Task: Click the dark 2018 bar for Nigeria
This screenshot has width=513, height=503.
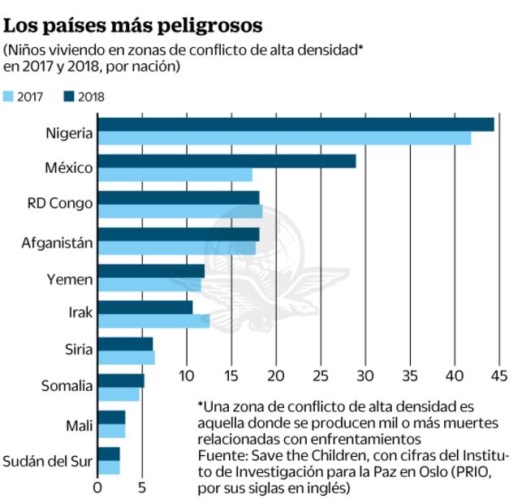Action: click(x=295, y=124)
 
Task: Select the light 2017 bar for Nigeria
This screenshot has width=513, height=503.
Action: click(x=284, y=139)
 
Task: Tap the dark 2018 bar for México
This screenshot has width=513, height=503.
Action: click(x=226, y=161)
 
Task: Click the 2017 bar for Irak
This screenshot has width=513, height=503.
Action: click(x=153, y=322)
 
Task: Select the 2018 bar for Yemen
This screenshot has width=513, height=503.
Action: click(x=151, y=270)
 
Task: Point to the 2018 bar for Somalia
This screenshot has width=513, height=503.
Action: click(x=121, y=380)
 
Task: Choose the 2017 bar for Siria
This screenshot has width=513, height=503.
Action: click(x=126, y=358)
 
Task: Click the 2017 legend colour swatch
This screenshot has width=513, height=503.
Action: click(x=9, y=97)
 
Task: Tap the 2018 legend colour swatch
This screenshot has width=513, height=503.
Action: click(x=69, y=97)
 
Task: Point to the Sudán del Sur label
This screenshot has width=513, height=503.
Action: click(x=49, y=462)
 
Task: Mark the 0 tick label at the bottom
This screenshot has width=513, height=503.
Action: click(x=97, y=488)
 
